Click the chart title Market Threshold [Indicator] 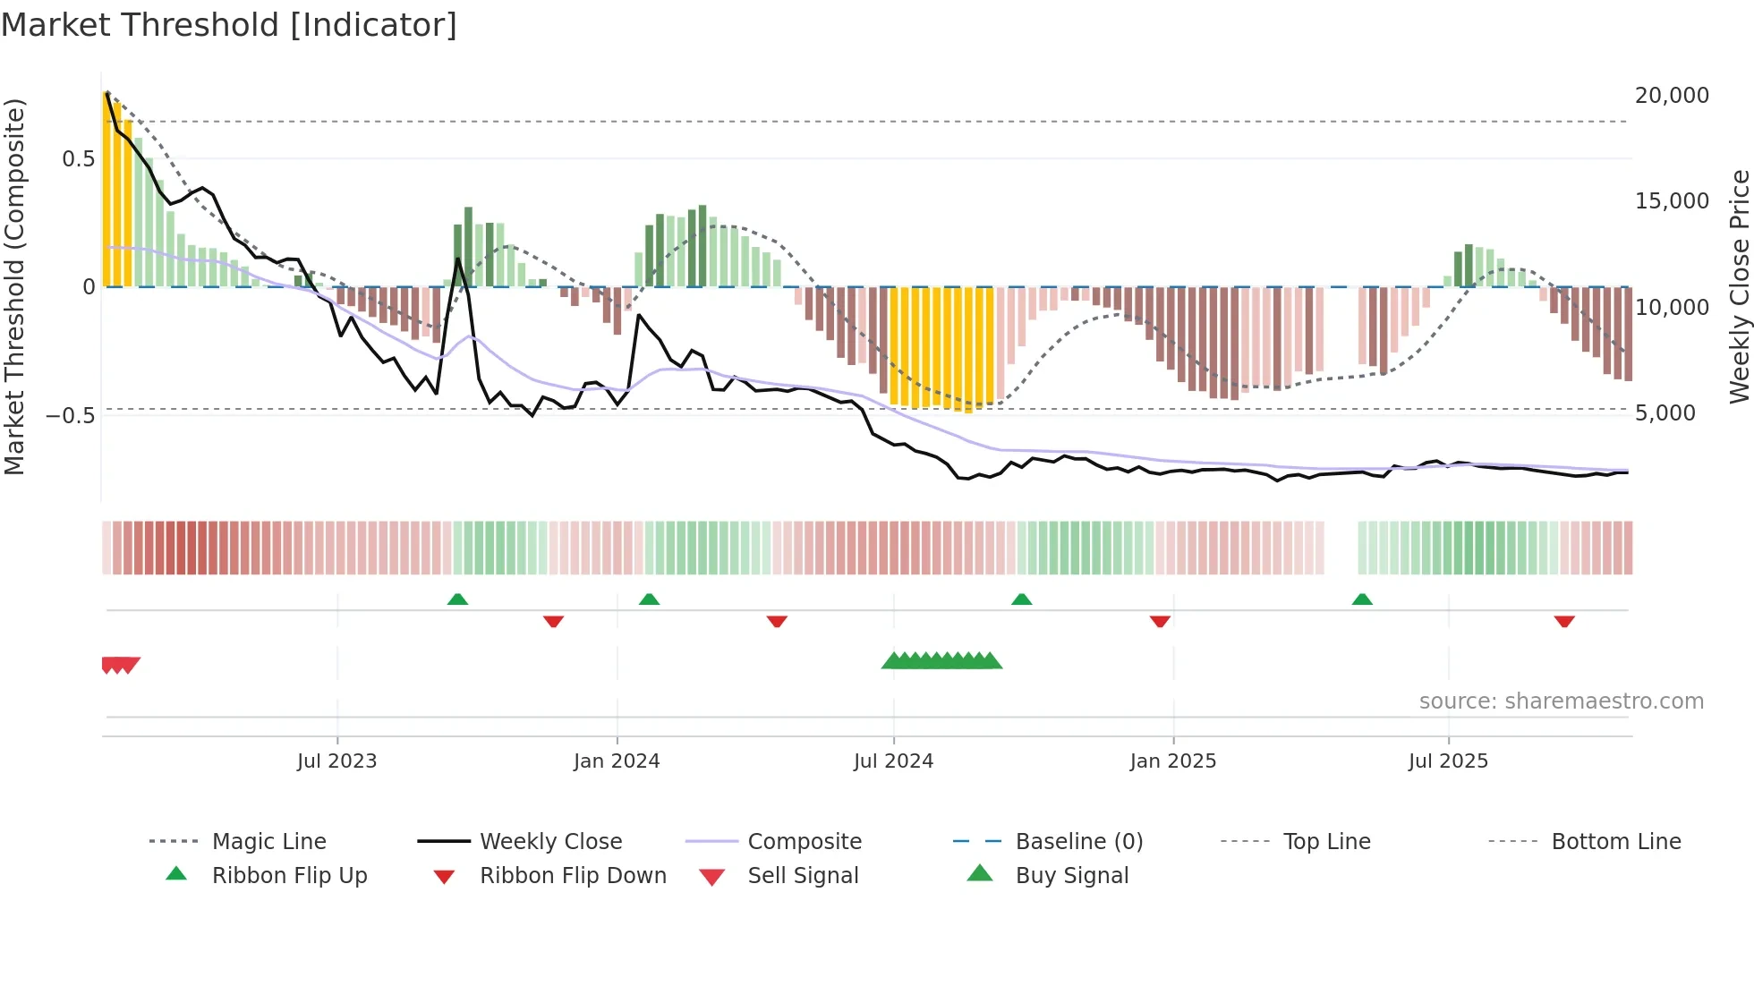(229, 25)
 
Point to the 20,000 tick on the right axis (1671, 96)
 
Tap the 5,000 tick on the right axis (1665, 413)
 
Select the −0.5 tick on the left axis (70, 416)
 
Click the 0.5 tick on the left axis (78, 159)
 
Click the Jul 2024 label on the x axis (893, 761)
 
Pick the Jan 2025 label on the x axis (1172, 761)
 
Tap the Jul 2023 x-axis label (336, 761)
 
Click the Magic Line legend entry (268, 842)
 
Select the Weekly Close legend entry (550, 842)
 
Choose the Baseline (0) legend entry (1078, 842)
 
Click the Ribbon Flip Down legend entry (573, 876)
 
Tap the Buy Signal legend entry (1071, 876)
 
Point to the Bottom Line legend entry (1615, 842)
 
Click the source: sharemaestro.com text (1561, 701)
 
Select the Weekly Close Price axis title (1739, 286)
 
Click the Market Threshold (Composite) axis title (14, 286)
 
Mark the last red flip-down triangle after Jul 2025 (1564, 621)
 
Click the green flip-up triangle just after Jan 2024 (649, 599)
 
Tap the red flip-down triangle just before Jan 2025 (1160, 621)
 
